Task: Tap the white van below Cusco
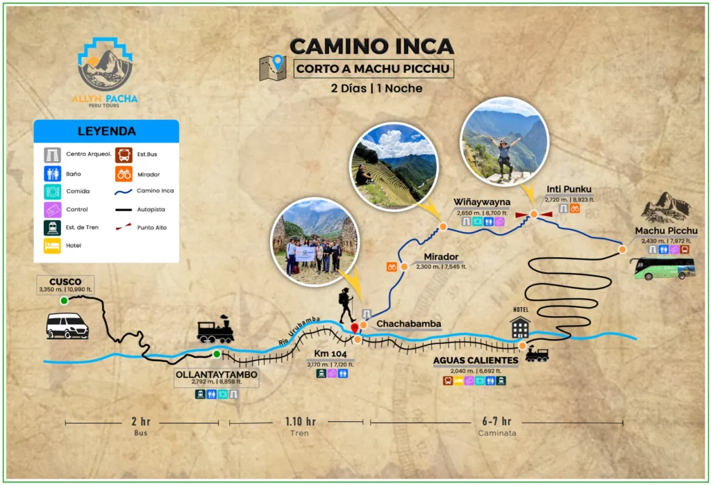click(x=67, y=325)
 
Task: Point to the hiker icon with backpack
click(x=346, y=306)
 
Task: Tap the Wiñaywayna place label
click(x=482, y=202)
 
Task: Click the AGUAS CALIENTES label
click(x=476, y=361)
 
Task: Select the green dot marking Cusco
click(x=64, y=300)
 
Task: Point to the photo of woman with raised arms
click(x=504, y=142)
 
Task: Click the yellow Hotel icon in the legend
click(x=52, y=245)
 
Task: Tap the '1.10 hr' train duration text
click(x=300, y=421)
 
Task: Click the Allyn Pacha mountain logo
click(x=106, y=64)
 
